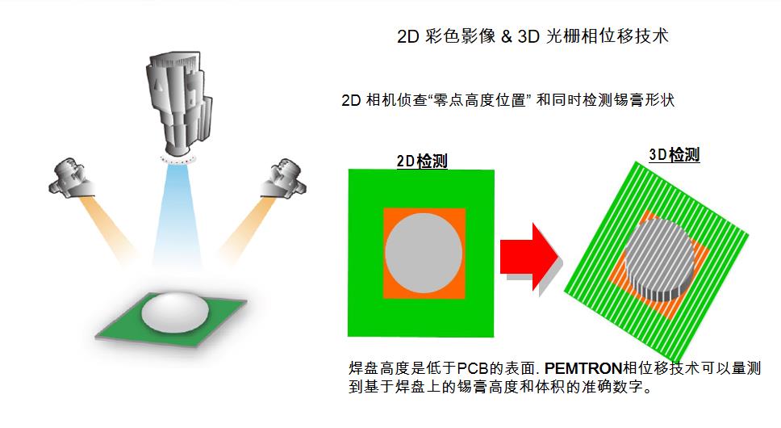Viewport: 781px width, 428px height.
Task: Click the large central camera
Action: click(x=179, y=102)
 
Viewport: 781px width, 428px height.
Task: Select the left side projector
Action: click(x=72, y=178)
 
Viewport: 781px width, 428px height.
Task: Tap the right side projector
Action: click(x=283, y=178)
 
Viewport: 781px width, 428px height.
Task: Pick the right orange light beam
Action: click(x=248, y=229)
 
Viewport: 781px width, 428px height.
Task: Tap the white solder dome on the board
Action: click(x=175, y=313)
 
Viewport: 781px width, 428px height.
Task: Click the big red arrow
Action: click(x=529, y=257)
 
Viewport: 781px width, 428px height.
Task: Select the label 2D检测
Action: click(x=422, y=161)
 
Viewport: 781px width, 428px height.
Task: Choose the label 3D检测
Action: click(x=674, y=155)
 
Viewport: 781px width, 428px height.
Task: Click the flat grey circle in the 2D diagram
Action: click(x=424, y=253)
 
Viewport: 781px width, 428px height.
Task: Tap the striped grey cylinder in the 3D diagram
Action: click(x=659, y=259)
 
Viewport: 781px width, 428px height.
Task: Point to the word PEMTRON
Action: click(x=583, y=368)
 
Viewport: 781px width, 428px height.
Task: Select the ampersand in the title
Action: click(x=507, y=36)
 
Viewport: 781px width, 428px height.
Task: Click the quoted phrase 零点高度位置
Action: click(x=480, y=100)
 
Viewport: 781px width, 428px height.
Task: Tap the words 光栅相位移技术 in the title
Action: click(x=608, y=36)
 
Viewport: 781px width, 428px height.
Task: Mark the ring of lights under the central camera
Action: click(x=178, y=159)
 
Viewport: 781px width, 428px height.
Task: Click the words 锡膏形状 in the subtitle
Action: click(x=644, y=100)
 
